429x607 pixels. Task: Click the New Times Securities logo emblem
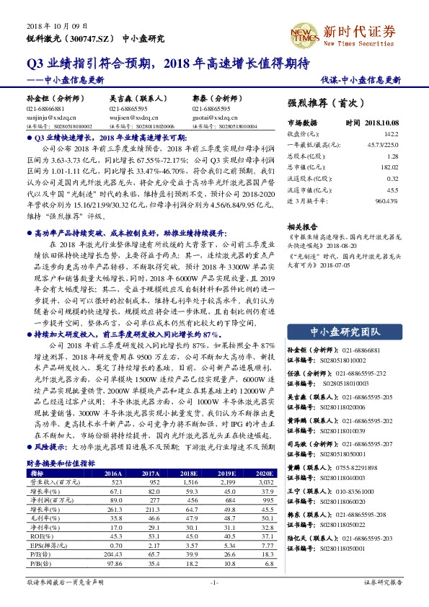pyautogui.click(x=303, y=34)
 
